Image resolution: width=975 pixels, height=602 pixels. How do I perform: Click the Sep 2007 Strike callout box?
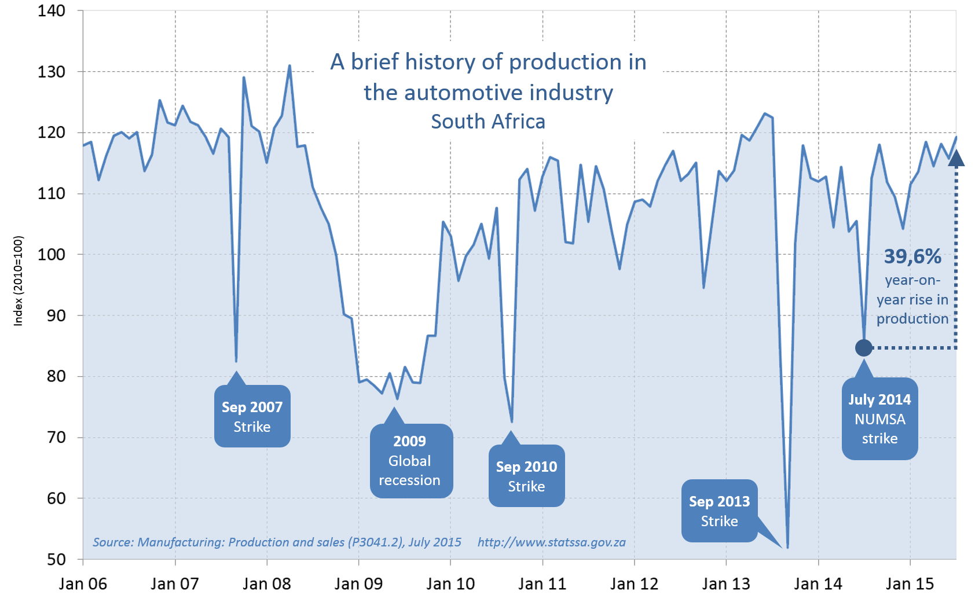(x=252, y=416)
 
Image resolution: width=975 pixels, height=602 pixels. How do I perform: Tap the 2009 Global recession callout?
(x=410, y=460)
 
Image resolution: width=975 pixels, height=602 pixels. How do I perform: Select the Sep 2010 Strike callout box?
(x=526, y=476)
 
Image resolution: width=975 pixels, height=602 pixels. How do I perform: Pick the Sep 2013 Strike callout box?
(x=719, y=511)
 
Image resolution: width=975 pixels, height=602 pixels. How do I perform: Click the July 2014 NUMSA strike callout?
(x=879, y=419)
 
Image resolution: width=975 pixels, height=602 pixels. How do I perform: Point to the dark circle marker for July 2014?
(x=863, y=348)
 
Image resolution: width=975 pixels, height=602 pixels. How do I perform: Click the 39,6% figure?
(x=912, y=256)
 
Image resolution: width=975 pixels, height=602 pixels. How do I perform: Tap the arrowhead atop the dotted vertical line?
(x=956, y=158)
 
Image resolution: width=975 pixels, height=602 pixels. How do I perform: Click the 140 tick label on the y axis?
(x=52, y=10)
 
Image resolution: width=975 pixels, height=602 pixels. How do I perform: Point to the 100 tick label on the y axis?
(x=52, y=254)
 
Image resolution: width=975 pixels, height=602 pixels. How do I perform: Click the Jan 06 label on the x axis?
(x=83, y=583)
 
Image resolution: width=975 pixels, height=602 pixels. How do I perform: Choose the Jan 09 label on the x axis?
(x=358, y=583)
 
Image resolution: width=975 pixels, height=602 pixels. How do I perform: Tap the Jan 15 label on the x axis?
(x=910, y=583)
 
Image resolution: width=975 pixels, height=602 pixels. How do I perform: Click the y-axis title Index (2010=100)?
(x=19, y=281)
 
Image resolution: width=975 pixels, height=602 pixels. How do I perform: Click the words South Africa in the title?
(x=488, y=122)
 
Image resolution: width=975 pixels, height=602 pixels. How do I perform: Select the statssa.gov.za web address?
(x=551, y=542)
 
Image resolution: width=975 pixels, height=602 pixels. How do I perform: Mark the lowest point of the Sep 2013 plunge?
(x=787, y=547)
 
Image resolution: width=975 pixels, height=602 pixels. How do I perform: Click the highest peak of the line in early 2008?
(x=289, y=66)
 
